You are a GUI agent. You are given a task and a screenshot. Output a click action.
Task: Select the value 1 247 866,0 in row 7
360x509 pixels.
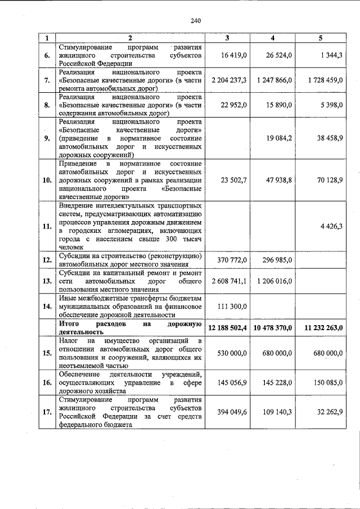(x=273, y=80)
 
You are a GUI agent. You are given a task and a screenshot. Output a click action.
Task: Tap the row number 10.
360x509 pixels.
(x=47, y=180)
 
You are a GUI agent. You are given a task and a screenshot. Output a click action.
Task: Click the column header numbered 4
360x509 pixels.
(x=272, y=38)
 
